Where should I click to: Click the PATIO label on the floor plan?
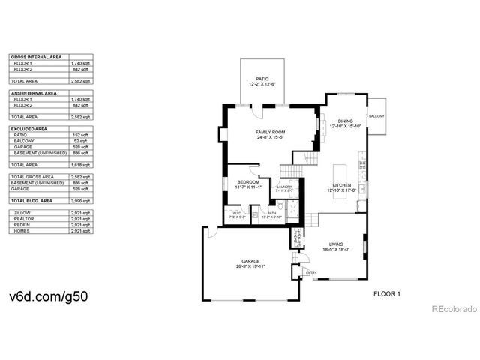[262, 78]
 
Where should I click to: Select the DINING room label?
[345, 121]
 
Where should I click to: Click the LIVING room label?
[337, 244]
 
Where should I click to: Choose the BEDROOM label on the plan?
[248, 182]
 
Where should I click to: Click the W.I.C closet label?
[235, 214]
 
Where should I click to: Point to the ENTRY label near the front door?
[311, 272]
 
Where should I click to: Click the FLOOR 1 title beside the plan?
[387, 294]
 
